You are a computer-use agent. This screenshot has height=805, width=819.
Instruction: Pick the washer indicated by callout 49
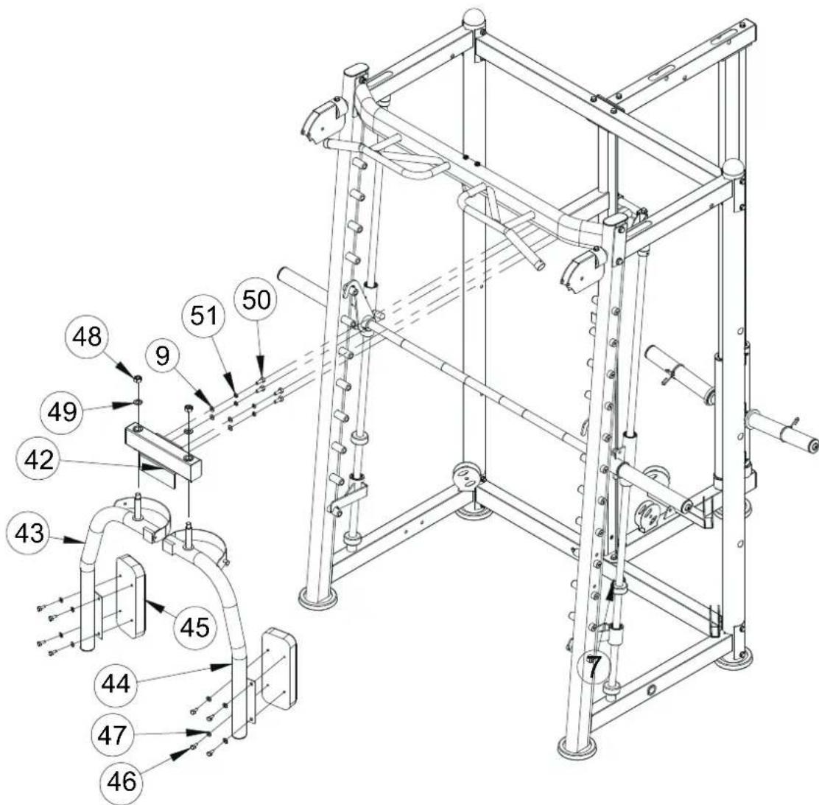[138, 403]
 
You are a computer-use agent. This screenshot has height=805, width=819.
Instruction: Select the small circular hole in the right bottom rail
[651, 691]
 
